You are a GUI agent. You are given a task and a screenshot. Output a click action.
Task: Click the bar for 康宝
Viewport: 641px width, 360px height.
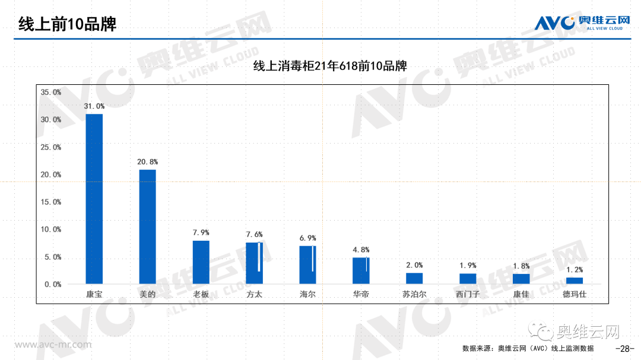coord(94,198)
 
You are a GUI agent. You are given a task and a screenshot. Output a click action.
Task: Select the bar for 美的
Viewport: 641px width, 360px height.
coord(148,226)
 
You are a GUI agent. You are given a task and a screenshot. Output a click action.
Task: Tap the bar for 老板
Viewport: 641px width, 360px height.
coord(201,262)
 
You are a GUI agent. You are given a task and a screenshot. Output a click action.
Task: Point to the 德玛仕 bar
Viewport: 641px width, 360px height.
coord(575,280)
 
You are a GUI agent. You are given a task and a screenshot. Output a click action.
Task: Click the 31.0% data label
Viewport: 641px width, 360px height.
coord(94,106)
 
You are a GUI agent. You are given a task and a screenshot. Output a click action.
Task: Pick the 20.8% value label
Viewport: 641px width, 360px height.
coord(148,161)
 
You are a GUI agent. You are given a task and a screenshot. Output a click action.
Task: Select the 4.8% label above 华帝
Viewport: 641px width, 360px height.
coord(361,250)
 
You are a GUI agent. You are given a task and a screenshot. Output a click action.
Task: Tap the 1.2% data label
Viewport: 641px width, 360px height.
coord(575,269)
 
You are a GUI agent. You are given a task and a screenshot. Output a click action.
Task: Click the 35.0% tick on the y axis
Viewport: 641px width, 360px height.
coord(50,93)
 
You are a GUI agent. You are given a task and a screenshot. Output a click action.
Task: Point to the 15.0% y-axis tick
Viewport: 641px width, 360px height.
coord(50,202)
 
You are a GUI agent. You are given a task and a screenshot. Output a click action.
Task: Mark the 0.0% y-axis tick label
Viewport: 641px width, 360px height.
coord(53,285)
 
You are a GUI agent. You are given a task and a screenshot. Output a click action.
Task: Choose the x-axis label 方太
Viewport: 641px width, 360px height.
coord(254,294)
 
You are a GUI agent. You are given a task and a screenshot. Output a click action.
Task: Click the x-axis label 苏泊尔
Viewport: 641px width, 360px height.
coord(414,294)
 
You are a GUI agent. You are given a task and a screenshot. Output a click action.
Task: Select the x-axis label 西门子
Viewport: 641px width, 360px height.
coord(468,294)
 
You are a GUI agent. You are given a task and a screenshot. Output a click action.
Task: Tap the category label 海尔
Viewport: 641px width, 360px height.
coord(307,294)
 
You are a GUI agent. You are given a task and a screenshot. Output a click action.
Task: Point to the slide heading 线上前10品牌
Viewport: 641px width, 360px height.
coord(66,24)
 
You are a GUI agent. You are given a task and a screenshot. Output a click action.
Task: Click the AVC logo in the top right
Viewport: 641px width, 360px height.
coord(582,23)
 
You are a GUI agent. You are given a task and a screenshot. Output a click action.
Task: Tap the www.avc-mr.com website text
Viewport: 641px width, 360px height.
coord(53,345)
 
